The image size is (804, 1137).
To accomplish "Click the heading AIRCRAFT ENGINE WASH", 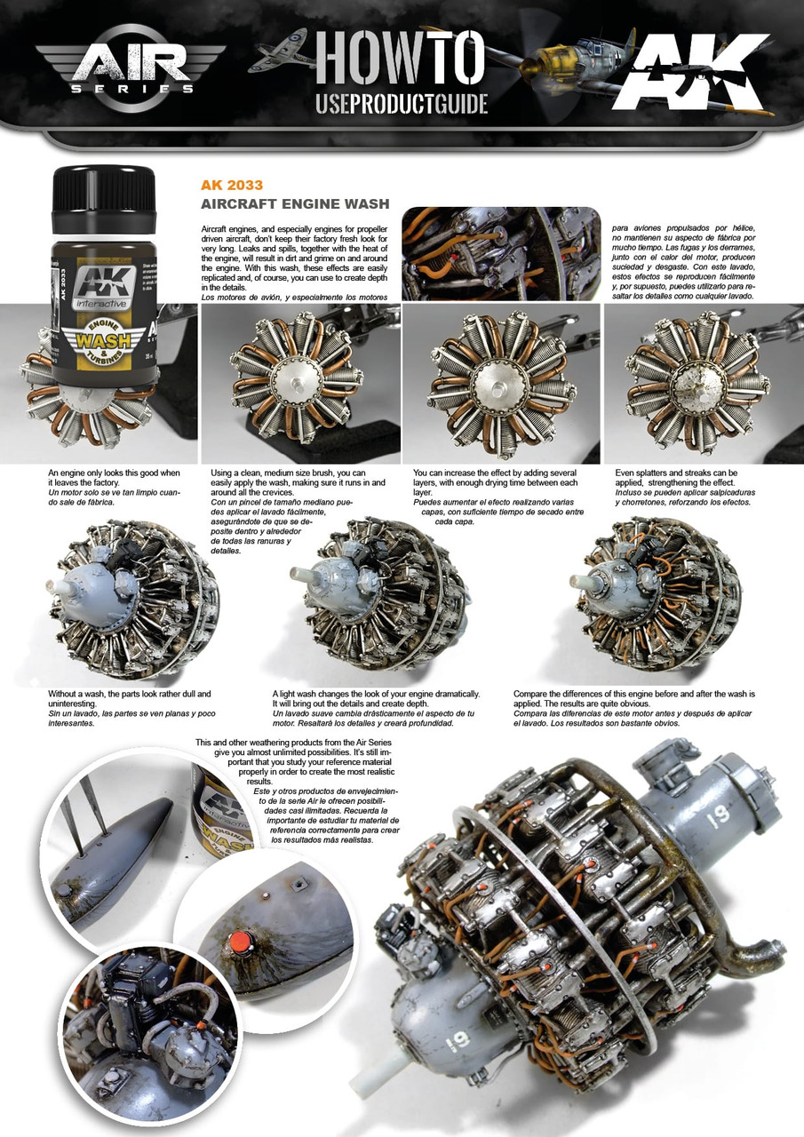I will (x=294, y=204).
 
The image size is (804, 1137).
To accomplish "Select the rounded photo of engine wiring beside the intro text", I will (x=501, y=254).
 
